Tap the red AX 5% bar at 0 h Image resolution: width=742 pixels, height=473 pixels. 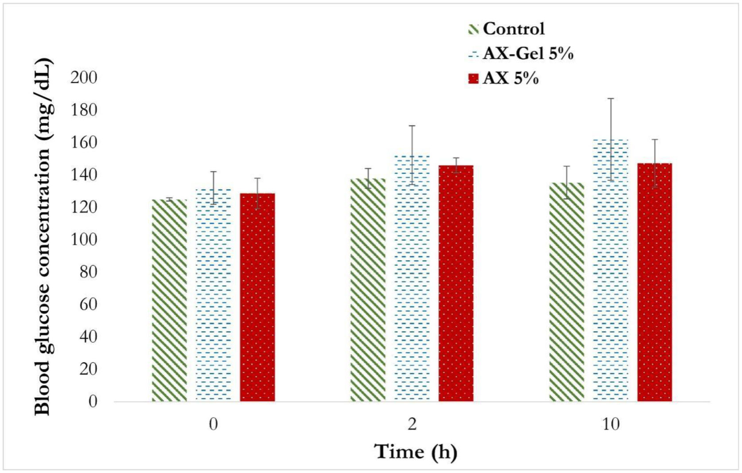pos(257,297)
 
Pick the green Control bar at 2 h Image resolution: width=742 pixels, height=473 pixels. pos(368,290)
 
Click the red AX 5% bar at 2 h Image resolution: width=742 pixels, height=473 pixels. pos(456,283)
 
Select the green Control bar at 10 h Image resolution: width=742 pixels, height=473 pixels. pos(567,292)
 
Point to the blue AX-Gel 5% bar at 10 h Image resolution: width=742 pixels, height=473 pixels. pos(610,270)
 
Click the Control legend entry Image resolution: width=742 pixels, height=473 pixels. pos(513,29)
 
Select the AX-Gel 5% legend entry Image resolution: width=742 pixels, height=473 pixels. pos(528,54)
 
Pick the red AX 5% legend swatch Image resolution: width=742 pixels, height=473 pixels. pos(473,79)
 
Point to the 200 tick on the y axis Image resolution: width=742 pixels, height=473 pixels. pos(84,78)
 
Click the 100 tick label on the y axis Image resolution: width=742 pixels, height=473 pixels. pos(84,239)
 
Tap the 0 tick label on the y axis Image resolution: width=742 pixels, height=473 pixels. pos(92,401)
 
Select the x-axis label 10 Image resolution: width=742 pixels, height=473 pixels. pos(610,425)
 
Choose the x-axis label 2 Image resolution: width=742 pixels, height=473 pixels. pos(412,425)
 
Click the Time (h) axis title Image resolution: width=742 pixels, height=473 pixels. pos(416,452)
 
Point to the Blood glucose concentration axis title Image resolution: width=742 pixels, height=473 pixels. pos(43,237)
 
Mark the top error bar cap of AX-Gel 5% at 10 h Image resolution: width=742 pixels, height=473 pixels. pos(610,98)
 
